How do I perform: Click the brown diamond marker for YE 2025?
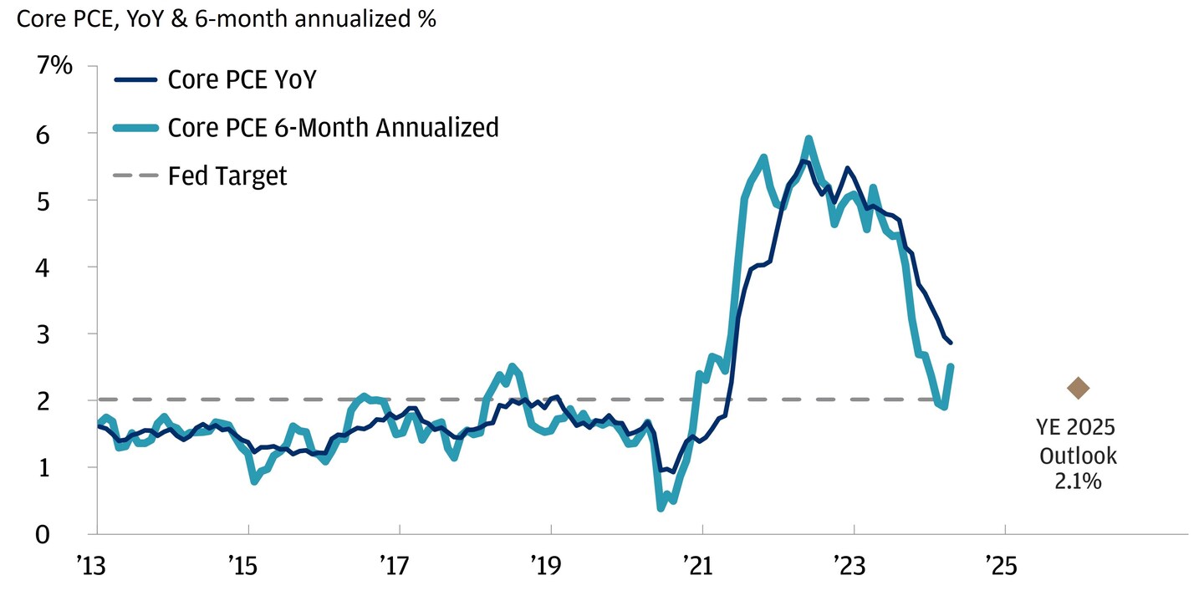pos(1078,388)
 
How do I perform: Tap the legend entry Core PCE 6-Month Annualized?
pos(333,127)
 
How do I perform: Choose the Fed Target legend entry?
pos(227,176)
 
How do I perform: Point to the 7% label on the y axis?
pos(55,67)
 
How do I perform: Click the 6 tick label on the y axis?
pos(67,134)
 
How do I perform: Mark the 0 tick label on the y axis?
pos(67,534)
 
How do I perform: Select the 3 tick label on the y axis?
pos(67,334)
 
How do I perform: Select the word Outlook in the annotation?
pos(1078,456)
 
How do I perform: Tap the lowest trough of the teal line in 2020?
pos(661,507)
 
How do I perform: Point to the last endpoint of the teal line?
pos(951,366)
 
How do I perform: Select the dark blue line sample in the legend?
pos(135,79)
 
